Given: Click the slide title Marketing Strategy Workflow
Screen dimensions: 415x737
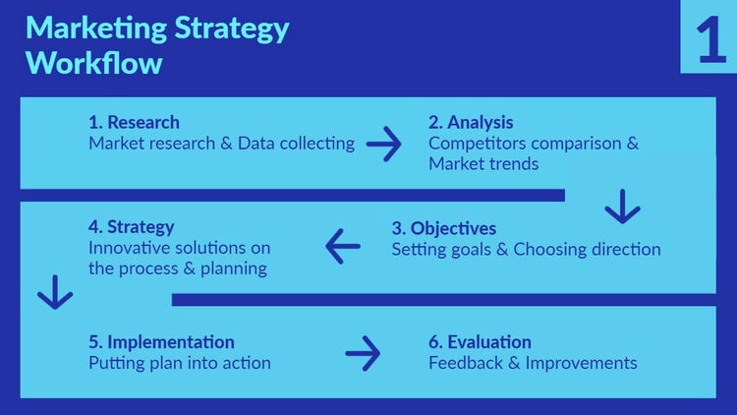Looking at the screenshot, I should point(157,45).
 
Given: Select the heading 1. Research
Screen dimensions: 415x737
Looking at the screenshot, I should point(134,123).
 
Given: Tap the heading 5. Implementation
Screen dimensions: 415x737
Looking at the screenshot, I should point(161,342).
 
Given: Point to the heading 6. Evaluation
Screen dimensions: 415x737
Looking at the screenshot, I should point(480,342).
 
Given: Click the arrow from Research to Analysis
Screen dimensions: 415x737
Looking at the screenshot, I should point(384,145).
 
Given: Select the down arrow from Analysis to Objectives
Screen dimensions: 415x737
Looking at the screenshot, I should point(622,207).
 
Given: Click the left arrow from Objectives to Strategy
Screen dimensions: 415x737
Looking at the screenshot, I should point(343,246).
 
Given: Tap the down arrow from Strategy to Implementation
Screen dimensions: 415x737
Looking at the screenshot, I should point(54,292).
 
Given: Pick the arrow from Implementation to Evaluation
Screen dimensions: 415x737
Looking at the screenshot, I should point(363,352).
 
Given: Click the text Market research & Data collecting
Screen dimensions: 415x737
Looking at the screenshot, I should point(221,144).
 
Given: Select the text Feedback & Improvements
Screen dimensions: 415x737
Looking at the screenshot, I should point(533,363).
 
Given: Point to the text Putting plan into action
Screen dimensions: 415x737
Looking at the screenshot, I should point(179,363).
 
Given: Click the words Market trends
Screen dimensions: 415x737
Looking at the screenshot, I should point(483,164).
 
